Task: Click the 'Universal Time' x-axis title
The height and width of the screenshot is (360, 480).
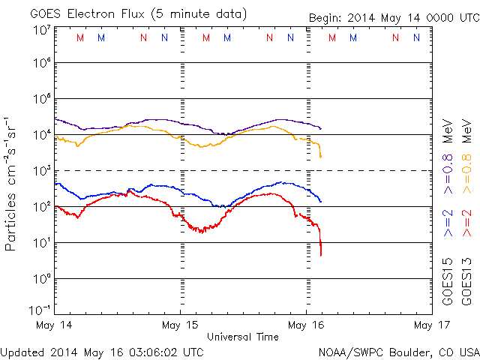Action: click(242, 337)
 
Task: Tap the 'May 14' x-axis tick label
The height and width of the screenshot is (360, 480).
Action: click(55, 325)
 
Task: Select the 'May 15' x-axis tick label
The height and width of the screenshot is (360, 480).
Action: click(180, 325)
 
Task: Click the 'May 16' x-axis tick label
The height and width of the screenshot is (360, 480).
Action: click(306, 325)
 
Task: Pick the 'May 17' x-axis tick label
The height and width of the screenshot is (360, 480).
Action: click(430, 325)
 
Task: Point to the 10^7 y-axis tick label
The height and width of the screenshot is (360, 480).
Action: click(41, 30)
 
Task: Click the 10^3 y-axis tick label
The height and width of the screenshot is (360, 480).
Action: click(41, 171)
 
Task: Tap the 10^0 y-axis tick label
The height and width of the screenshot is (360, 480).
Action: click(41, 279)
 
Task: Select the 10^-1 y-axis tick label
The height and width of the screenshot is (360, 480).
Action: click(41, 310)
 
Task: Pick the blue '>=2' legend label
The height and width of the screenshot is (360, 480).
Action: click(448, 223)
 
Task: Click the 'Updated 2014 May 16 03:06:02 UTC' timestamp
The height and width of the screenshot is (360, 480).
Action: click(102, 351)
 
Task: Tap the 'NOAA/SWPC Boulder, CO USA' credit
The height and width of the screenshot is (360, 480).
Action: click(398, 351)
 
